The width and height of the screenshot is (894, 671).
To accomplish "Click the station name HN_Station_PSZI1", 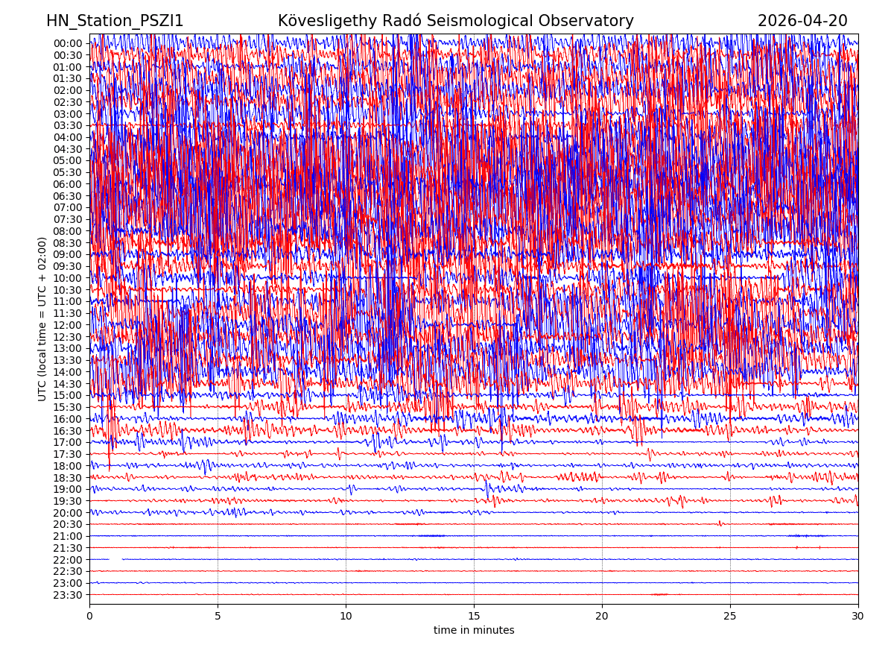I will [115, 21].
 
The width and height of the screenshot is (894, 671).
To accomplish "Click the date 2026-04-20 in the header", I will [802, 21].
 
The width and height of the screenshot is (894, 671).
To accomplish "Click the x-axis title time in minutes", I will [474, 630].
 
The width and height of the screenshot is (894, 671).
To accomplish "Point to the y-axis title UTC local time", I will [42, 318].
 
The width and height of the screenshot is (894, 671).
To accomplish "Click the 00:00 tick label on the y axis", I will [67, 43].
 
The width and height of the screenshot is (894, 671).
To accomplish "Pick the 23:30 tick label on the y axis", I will [67, 595].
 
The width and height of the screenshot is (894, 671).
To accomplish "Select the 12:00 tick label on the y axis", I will [67, 325].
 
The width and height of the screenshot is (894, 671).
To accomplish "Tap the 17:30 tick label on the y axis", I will [67, 454].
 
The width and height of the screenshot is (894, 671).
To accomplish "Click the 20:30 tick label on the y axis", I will [67, 524].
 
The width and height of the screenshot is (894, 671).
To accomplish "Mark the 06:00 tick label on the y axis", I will [67, 184].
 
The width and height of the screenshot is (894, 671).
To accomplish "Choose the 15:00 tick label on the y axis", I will [67, 395].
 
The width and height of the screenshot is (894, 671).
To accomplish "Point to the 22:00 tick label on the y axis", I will [67, 560].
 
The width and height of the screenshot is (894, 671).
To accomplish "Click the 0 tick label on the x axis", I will [89, 616].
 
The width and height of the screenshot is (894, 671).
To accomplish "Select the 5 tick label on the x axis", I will [218, 616].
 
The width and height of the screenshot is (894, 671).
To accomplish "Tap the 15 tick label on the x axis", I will [474, 616].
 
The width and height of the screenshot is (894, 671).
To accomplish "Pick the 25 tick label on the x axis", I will [730, 616].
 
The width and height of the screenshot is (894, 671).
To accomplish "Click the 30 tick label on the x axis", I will [858, 616].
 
